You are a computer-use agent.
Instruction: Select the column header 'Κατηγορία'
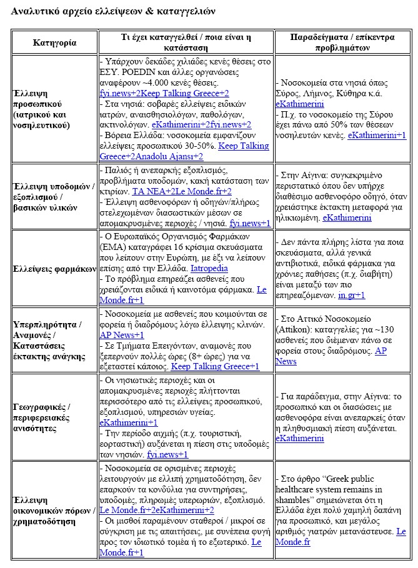click(x=54, y=43)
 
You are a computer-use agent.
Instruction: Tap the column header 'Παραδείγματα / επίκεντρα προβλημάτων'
click(x=342, y=43)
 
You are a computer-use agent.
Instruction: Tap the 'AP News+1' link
click(x=122, y=336)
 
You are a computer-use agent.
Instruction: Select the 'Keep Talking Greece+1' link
click(x=215, y=367)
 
